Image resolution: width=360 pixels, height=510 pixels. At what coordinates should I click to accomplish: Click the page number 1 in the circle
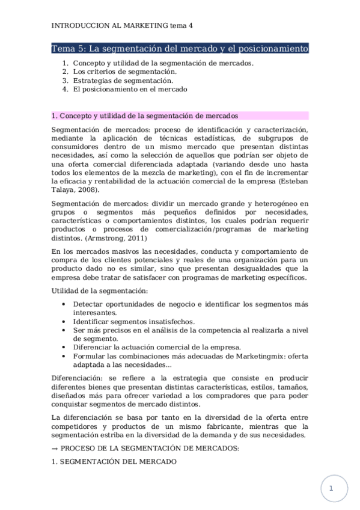(x=331, y=490)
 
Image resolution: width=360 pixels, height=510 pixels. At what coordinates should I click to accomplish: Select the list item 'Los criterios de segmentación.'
(x=125, y=72)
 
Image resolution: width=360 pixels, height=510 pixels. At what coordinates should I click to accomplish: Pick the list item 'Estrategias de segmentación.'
(x=123, y=81)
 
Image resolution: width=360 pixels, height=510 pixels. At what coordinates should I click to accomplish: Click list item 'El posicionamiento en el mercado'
(x=130, y=89)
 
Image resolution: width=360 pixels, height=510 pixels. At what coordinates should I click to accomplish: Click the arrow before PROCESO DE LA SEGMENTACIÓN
(x=55, y=449)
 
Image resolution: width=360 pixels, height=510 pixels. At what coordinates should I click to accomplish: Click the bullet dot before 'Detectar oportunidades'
(x=64, y=304)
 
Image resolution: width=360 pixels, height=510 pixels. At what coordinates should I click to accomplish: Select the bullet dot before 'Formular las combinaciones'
(x=64, y=356)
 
